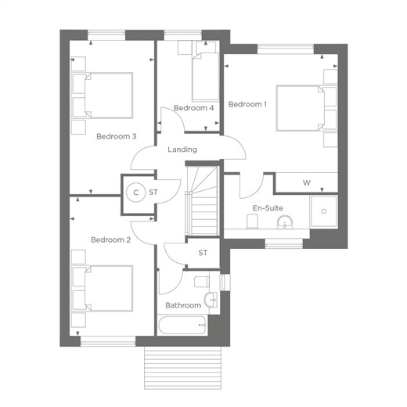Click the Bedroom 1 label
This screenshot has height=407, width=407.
[x=247, y=104]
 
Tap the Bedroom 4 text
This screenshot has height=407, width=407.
[x=193, y=108]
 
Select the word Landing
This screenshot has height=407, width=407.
[x=182, y=149]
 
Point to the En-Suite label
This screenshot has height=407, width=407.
[x=268, y=208]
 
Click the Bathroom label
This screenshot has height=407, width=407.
[x=183, y=305]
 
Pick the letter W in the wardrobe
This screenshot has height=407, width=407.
[x=307, y=182]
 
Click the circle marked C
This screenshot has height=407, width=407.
[x=135, y=193]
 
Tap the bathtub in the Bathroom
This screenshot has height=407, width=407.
[x=182, y=325]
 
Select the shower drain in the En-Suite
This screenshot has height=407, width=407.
[x=324, y=211]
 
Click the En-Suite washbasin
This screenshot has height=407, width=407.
[x=285, y=222]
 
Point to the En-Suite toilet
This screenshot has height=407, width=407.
[x=252, y=222]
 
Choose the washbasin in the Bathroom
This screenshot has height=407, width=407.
[x=211, y=300]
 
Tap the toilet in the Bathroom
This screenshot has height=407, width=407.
[x=202, y=282]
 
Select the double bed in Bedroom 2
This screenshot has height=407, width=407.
[x=103, y=288]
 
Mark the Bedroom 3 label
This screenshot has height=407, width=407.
[x=117, y=136]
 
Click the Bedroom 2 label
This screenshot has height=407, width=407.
[x=110, y=240]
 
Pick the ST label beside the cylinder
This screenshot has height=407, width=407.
[x=153, y=193]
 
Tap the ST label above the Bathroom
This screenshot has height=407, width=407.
[x=203, y=253]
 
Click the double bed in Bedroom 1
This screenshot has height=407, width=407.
[x=307, y=108]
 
